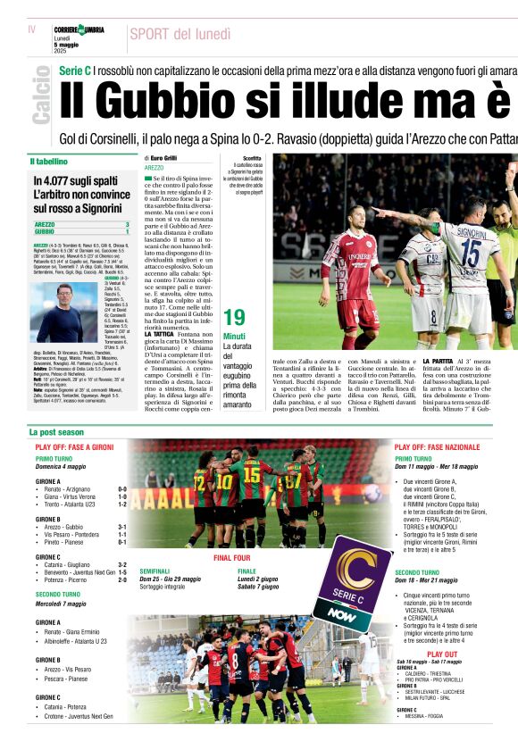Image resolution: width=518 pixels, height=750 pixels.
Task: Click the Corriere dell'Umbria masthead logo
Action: click(x=79, y=29)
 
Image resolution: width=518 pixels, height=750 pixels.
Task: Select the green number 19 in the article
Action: click(x=234, y=317)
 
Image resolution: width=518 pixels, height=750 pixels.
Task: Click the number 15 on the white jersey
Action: click(x=470, y=254)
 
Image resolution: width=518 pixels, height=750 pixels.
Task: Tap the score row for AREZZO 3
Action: click(x=81, y=224)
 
